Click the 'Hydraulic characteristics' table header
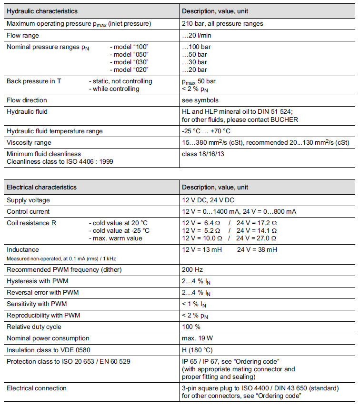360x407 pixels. (42, 10)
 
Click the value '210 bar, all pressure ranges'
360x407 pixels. (222, 23)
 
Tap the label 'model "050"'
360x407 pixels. (130, 55)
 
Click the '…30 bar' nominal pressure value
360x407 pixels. (194, 62)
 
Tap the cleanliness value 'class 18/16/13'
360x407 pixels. (204, 154)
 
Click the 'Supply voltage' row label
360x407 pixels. (28, 200)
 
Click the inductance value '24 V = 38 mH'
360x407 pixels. (257, 249)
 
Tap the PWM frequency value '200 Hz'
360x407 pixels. (192, 270)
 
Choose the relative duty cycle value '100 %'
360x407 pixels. (191, 327)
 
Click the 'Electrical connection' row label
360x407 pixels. (37, 388)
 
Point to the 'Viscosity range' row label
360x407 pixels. (29, 143)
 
